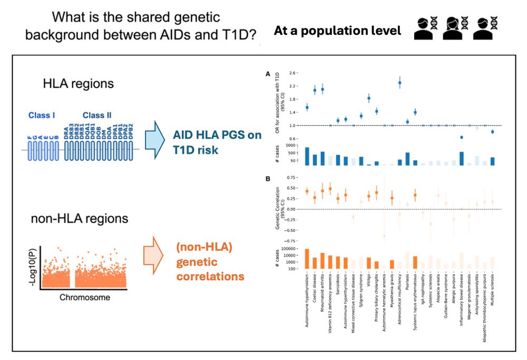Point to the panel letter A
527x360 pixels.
[x=267, y=76]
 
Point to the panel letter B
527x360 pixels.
[x=267, y=179]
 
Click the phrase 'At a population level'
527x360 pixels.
[x=337, y=31]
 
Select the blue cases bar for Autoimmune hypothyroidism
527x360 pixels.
[x=307, y=157]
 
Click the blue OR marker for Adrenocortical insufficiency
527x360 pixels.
[x=400, y=83]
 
